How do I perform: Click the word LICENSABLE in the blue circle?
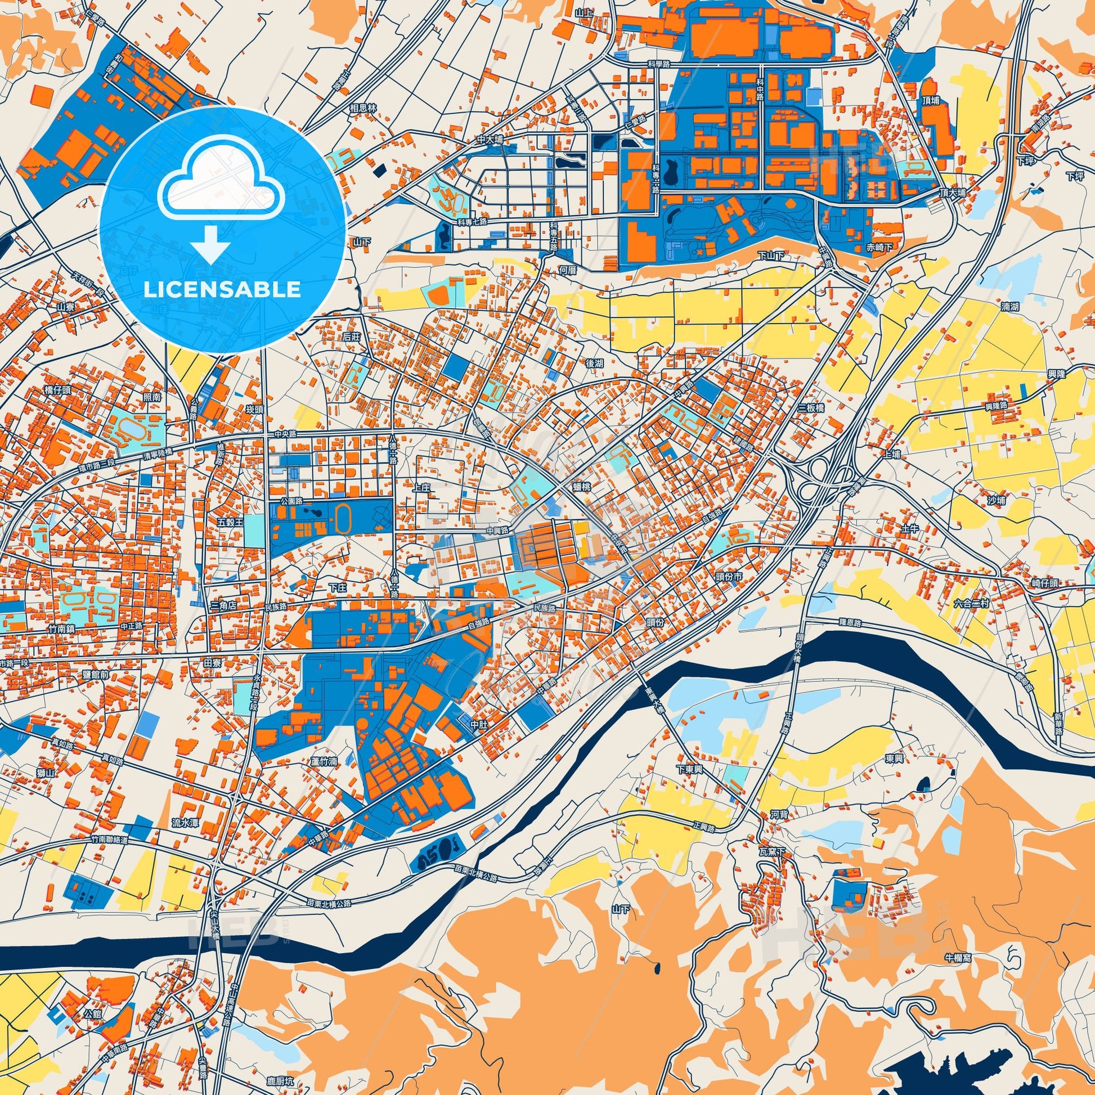(x=222, y=290)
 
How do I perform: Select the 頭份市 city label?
(x=728, y=576)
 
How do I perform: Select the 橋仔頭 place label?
(x=57, y=390)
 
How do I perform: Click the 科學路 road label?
(x=658, y=65)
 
